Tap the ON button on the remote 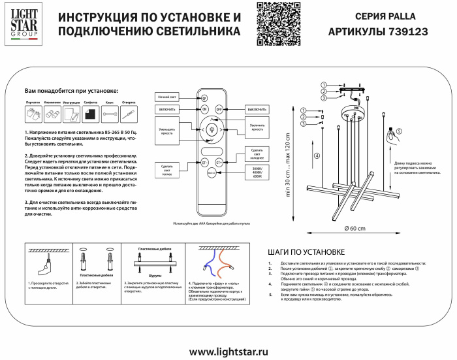point(204,108)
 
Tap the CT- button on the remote point(204,161)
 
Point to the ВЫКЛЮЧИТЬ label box point(255,108)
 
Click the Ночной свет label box point(166,97)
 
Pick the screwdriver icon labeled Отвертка point(129,114)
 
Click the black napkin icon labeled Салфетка point(91,114)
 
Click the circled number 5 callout point(400,131)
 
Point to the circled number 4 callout point(317,155)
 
